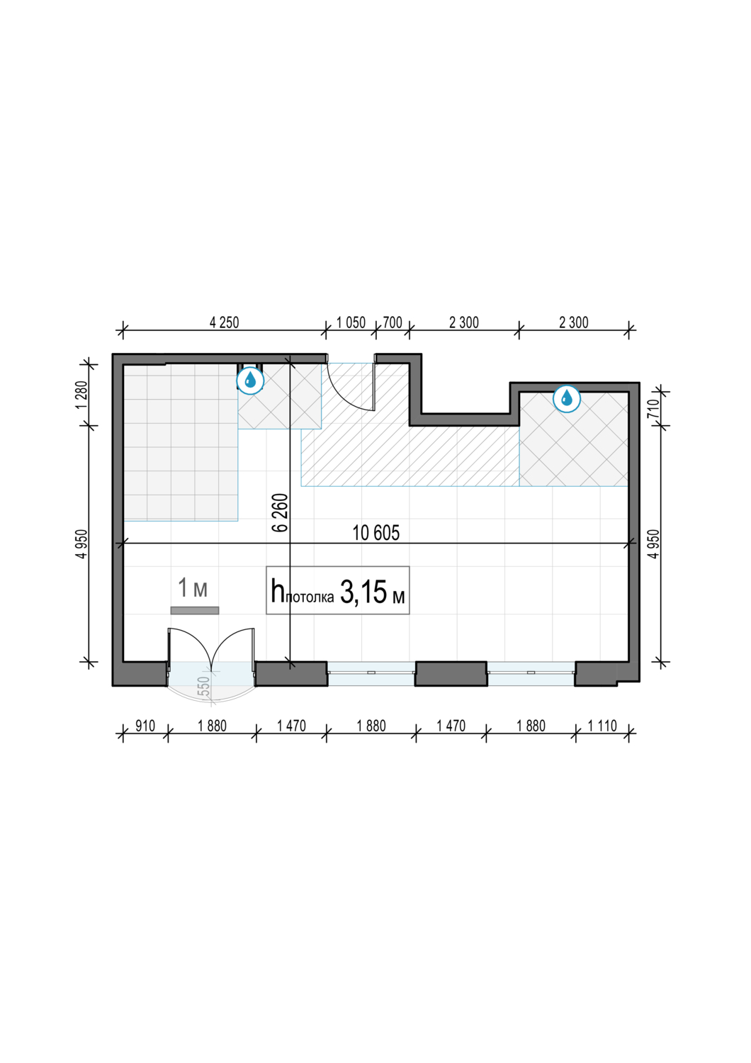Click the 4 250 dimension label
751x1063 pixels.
(x=225, y=322)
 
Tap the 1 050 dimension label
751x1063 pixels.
(x=351, y=322)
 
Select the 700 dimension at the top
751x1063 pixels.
(x=393, y=322)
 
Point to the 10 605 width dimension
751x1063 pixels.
(x=376, y=533)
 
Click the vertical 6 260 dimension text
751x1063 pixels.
(x=281, y=513)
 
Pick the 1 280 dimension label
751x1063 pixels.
(x=82, y=395)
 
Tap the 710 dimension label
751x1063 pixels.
(x=654, y=408)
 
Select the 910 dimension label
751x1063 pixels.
(x=145, y=726)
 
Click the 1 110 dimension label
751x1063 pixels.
(x=602, y=726)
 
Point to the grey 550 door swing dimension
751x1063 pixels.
(x=203, y=687)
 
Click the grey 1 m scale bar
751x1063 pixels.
(x=195, y=611)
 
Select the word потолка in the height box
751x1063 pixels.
(x=310, y=597)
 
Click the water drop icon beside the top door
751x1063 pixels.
(x=250, y=380)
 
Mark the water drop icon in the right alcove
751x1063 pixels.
(x=567, y=398)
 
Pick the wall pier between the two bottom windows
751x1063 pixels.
(x=451, y=673)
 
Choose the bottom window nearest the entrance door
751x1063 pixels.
(x=371, y=673)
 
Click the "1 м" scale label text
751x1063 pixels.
(x=193, y=587)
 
